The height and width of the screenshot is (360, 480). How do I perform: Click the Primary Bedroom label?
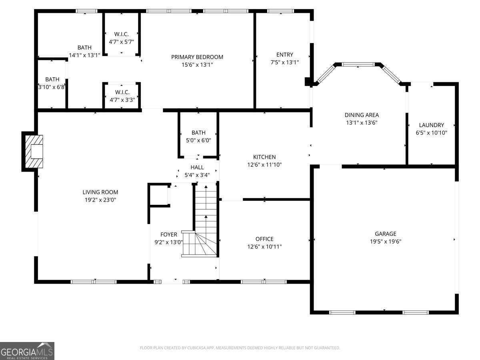tap(197, 57)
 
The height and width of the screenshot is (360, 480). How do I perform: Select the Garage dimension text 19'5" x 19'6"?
tap(385, 241)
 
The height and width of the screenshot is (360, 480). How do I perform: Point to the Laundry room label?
tap(431, 125)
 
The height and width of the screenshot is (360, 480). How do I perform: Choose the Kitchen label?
tap(264, 157)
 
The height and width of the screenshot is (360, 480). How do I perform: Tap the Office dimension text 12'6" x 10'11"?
tap(264, 247)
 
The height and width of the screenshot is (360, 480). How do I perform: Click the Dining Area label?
tap(362, 115)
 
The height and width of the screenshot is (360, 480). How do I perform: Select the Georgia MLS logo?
tap(27, 350)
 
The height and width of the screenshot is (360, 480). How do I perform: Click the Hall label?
tap(197, 167)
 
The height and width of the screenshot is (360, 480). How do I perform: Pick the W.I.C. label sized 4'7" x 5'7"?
tap(121, 34)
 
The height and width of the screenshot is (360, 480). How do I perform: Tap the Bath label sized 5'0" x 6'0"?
tap(198, 133)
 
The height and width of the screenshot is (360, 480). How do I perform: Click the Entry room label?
tap(284, 54)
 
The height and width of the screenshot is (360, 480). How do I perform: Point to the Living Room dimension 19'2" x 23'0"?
tap(100, 200)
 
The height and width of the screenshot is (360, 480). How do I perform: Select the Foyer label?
tap(168, 234)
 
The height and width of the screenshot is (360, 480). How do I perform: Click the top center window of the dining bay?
tap(358, 64)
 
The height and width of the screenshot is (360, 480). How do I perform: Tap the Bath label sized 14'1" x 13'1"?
tap(84, 48)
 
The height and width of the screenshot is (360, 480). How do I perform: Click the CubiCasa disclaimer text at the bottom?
tap(240, 348)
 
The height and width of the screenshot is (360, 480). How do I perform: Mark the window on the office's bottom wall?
tap(264, 282)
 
